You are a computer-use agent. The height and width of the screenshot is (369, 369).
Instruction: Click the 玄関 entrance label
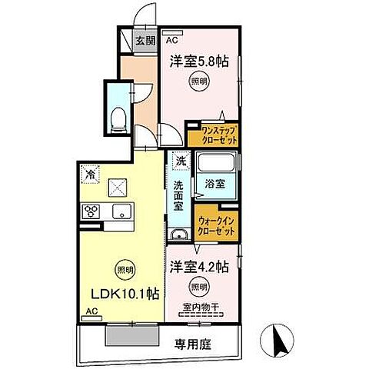[146, 41]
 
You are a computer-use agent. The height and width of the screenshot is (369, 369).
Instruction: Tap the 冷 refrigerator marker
[91, 175]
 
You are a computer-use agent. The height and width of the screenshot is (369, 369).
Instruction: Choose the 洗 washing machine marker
[181, 162]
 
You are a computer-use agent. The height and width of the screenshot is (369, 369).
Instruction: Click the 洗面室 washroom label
[178, 196]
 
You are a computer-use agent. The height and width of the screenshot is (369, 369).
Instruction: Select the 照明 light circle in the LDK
[123, 269]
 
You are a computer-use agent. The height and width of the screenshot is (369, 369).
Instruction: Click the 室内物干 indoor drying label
[201, 309]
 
